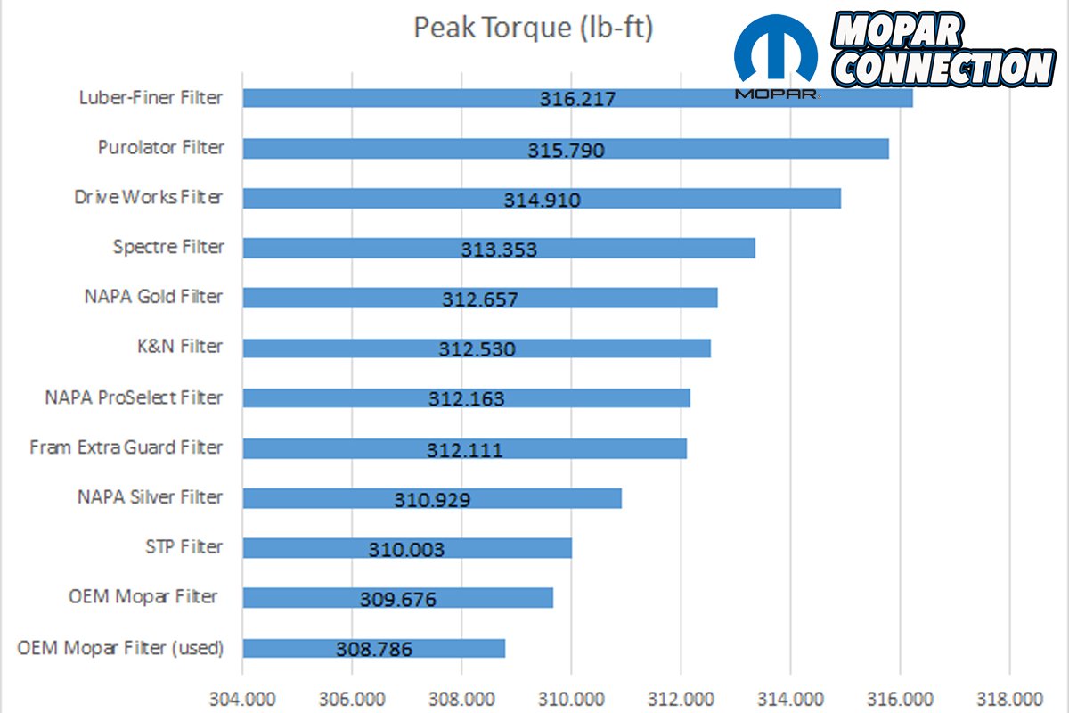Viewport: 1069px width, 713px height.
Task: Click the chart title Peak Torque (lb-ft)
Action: (x=534, y=28)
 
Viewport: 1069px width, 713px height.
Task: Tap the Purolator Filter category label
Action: (x=160, y=147)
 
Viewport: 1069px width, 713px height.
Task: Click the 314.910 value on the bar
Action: (x=542, y=201)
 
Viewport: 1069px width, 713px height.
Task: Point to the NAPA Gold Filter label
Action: (x=153, y=296)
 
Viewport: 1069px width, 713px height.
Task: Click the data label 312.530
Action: (x=477, y=349)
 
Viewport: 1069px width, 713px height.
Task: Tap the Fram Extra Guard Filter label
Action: (x=126, y=447)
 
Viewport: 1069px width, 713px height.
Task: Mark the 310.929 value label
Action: (x=432, y=500)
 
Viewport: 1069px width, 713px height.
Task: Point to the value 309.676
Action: (x=398, y=600)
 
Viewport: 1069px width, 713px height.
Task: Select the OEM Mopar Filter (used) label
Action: (x=120, y=647)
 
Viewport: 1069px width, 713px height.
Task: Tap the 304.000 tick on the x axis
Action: (x=241, y=697)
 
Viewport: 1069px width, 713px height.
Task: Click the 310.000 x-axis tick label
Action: (x=571, y=697)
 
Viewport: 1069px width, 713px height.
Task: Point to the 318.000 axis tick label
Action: (x=1009, y=697)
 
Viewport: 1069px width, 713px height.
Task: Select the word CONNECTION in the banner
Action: (x=949, y=68)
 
